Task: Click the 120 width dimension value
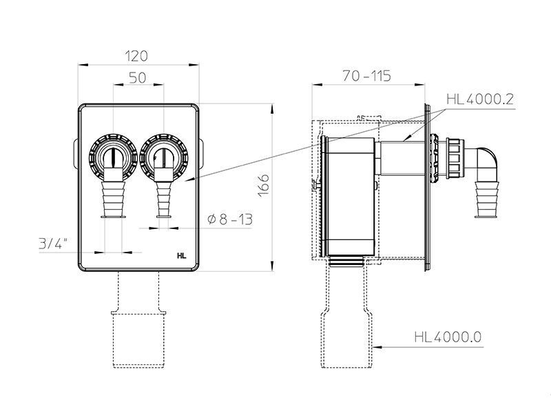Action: [136, 56]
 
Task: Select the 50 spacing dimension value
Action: [137, 78]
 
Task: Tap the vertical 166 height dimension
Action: [264, 186]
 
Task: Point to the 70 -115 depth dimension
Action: [366, 76]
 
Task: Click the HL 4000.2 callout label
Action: [480, 99]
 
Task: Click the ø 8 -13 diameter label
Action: [230, 219]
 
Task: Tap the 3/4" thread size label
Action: [53, 243]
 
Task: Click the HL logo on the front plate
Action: [182, 256]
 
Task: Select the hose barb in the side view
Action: [487, 199]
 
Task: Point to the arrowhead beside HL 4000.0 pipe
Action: [377, 347]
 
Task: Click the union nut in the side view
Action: [455, 159]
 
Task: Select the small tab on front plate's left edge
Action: [76, 154]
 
